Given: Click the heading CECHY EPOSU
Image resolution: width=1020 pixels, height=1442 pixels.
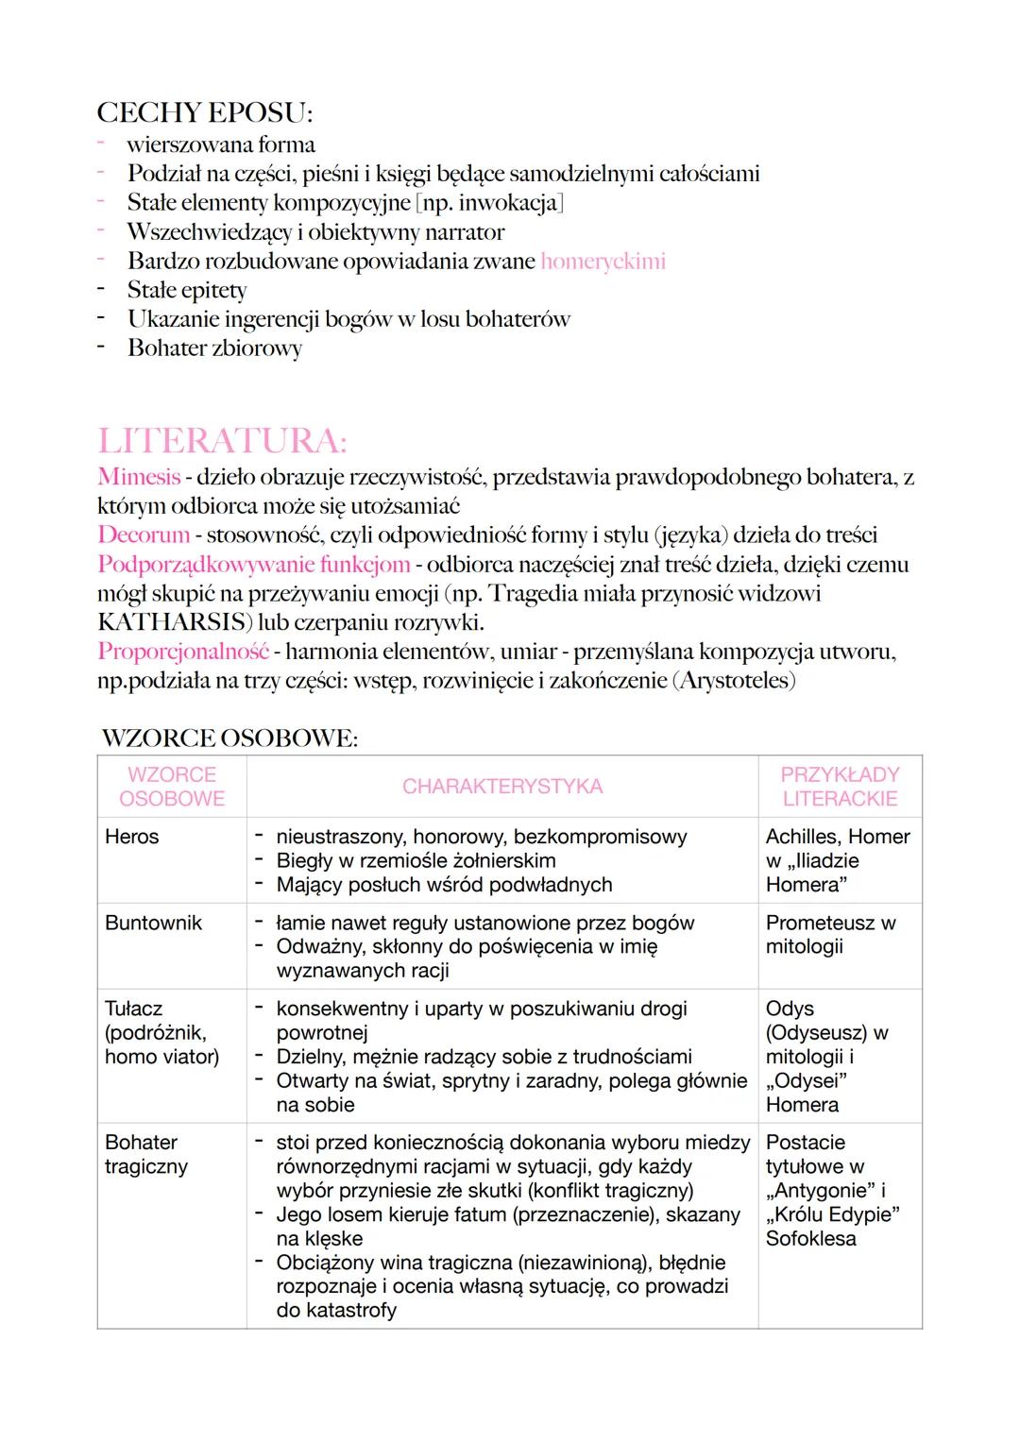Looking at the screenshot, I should pos(204,112).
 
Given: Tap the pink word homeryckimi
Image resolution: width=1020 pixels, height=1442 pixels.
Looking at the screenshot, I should pos(603,261).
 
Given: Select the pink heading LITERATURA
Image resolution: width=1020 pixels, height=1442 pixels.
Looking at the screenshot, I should pos(222,441).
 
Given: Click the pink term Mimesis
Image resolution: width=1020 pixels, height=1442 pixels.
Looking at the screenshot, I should pos(139,477).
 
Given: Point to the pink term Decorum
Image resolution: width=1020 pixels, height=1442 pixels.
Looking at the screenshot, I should pos(144,534).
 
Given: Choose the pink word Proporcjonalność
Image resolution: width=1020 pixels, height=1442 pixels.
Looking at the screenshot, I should pos(183,652).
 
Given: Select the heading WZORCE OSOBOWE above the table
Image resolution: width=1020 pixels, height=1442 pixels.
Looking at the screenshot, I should pos(229,738).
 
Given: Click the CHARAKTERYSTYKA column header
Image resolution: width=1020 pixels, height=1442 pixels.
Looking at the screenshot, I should pos(501,787).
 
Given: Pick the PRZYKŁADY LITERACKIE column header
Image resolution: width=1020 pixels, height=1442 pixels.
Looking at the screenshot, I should pos(840,787).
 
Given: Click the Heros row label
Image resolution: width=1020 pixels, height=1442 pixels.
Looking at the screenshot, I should pos(132,837).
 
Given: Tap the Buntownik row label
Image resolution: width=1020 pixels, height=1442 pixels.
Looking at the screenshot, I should pos(153,923).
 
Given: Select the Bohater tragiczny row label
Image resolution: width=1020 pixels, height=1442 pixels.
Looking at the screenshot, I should pos(146,1154).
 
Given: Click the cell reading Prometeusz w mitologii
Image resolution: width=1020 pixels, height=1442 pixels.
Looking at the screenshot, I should pos(830,934).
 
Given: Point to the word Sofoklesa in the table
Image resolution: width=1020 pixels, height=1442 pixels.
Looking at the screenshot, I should pos(810,1238).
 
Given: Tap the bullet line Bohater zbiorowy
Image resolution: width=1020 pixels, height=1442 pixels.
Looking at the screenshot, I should pos(214,348).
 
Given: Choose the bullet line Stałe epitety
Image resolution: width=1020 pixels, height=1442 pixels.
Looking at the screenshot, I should pos(187,290).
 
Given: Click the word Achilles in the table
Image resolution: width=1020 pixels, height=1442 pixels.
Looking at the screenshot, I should pos(802,837).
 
